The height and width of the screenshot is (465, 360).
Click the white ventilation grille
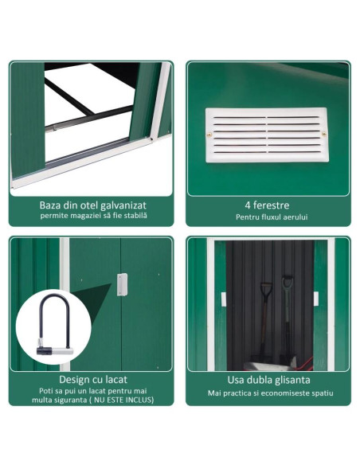[266, 135]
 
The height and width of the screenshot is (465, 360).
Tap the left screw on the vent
[210, 135]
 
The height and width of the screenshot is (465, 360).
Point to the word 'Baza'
[53, 205]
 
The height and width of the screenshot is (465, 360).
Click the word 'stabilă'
[134, 217]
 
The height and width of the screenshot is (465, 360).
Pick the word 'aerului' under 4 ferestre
[294, 217]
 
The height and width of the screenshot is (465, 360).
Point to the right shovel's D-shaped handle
[288, 281]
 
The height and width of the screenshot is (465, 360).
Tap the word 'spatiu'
[320, 393]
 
